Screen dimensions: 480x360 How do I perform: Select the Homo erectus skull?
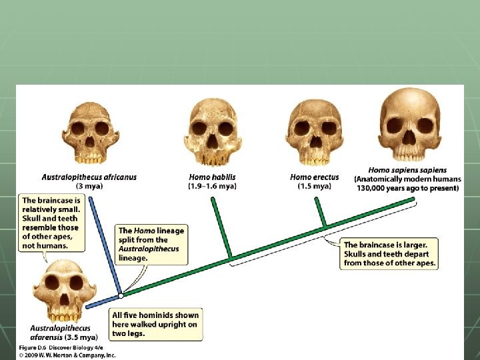coord(314,133)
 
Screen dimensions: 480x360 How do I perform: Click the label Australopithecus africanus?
coord(89,177)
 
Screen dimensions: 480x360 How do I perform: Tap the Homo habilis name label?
coord(212,177)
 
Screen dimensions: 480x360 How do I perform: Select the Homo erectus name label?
coord(314,177)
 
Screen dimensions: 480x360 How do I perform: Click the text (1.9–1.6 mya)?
coord(212,187)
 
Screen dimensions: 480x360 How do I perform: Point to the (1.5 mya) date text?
coord(314,187)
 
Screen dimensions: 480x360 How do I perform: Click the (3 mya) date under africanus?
coord(89,187)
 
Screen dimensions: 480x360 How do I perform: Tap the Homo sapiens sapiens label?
coord(407,171)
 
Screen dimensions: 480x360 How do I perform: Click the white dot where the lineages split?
coord(120,295)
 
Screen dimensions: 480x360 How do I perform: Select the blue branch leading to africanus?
coord(105,247)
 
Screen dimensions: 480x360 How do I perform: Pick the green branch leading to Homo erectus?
coord(321,213)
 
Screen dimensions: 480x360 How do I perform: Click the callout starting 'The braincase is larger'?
coord(390,254)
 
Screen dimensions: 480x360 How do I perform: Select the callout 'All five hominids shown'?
coord(155,325)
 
